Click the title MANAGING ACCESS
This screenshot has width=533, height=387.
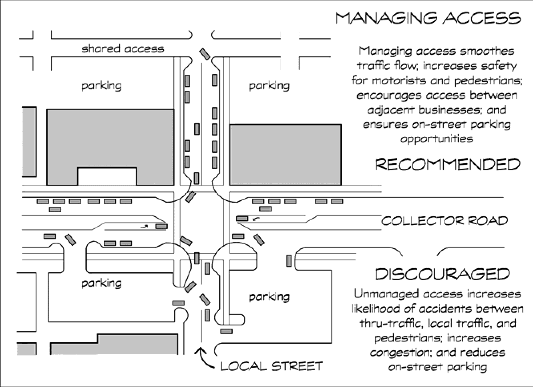(x=428, y=18)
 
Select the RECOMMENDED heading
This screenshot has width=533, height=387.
(x=448, y=164)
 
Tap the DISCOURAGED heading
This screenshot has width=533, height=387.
(x=442, y=274)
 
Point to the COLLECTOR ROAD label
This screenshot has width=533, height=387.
(x=445, y=221)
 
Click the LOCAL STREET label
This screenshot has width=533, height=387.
(x=272, y=366)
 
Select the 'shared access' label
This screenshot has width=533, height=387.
(x=123, y=49)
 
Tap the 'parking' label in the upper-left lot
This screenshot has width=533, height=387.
(x=101, y=86)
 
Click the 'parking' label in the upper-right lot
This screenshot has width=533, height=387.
(x=269, y=86)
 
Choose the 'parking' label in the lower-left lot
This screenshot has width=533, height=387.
(x=101, y=283)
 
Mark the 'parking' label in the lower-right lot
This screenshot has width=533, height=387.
(x=269, y=297)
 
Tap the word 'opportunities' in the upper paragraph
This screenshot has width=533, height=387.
(x=436, y=139)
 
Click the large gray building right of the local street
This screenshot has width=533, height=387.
(x=285, y=154)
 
